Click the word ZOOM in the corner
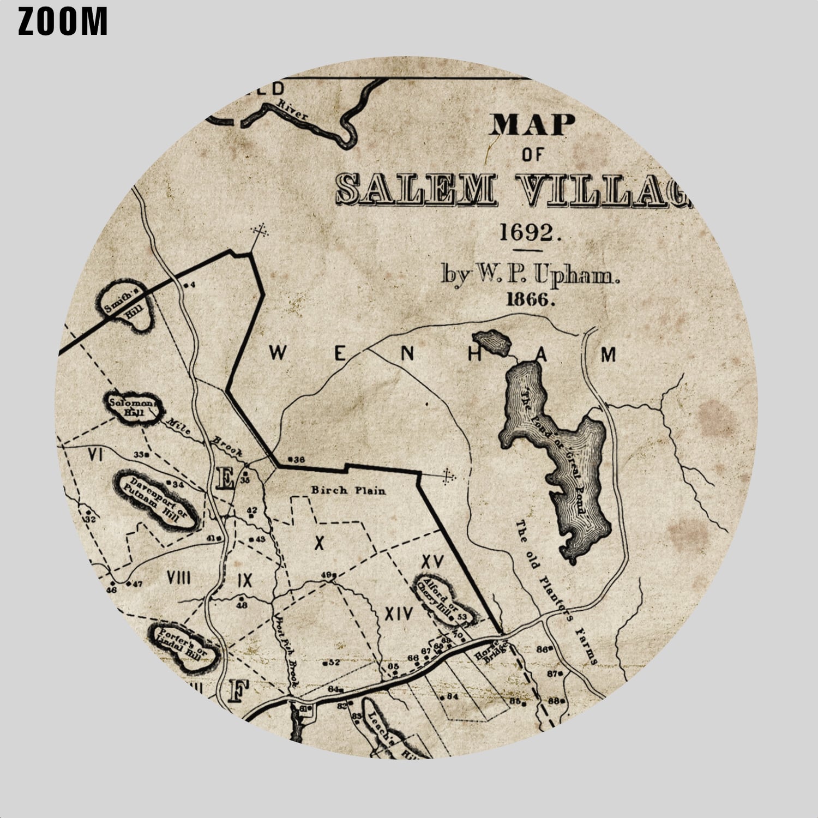point(63,22)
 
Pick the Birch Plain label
point(348,490)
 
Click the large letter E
point(224,479)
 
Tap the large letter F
point(237,691)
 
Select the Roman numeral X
point(320,542)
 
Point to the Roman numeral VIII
point(178,578)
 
